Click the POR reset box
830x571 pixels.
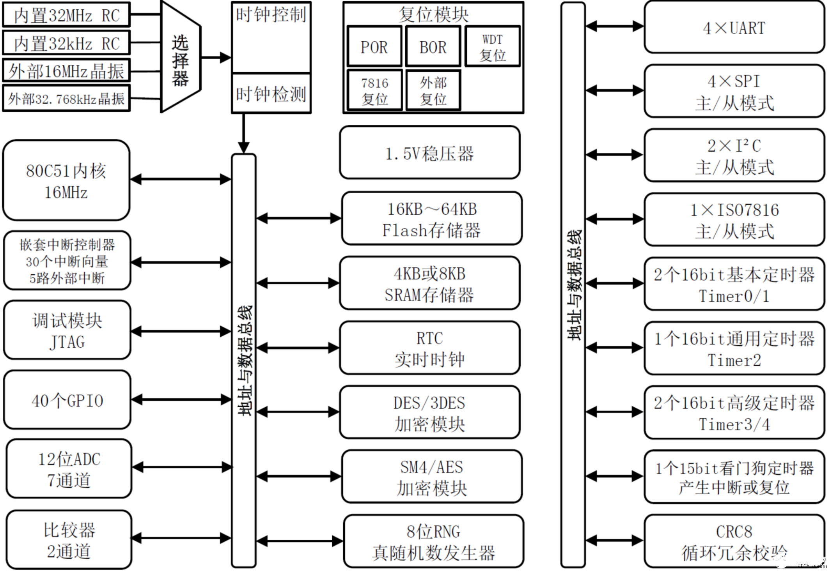pyautogui.click(x=374, y=46)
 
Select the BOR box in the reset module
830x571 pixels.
pyautogui.click(x=433, y=46)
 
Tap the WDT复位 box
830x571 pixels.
pyautogui.click(x=492, y=46)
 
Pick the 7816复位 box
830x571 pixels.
pyautogui.click(x=374, y=90)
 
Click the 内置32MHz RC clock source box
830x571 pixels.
pyautogui.click(x=66, y=15)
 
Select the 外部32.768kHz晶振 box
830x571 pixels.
pyautogui.click(x=66, y=99)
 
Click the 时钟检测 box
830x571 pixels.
pyautogui.click(x=271, y=94)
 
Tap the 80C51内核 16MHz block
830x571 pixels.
pyautogui.click(x=66, y=180)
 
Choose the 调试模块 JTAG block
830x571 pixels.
pyautogui.click(x=67, y=330)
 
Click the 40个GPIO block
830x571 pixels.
pyautogui.click(x=67, y=400)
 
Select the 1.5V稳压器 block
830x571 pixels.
pyautogui.click(x=429, y=153)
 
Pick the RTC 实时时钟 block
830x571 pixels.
pyautogui.click(x=429, y=348)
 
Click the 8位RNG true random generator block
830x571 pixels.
pyautogui.click(x=433, y=541)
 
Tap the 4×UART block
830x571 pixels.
pyautogui.click(x=734, y=27)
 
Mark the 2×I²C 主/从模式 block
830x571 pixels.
pyautogui.click(x=734, y=156)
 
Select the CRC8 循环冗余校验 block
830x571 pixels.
pyautogui.click(x=734, y=541)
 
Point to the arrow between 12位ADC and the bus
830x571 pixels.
pyautogui.click(x=182, y=467)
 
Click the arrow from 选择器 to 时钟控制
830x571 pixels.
pyautogui.click(x=216, y=58)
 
